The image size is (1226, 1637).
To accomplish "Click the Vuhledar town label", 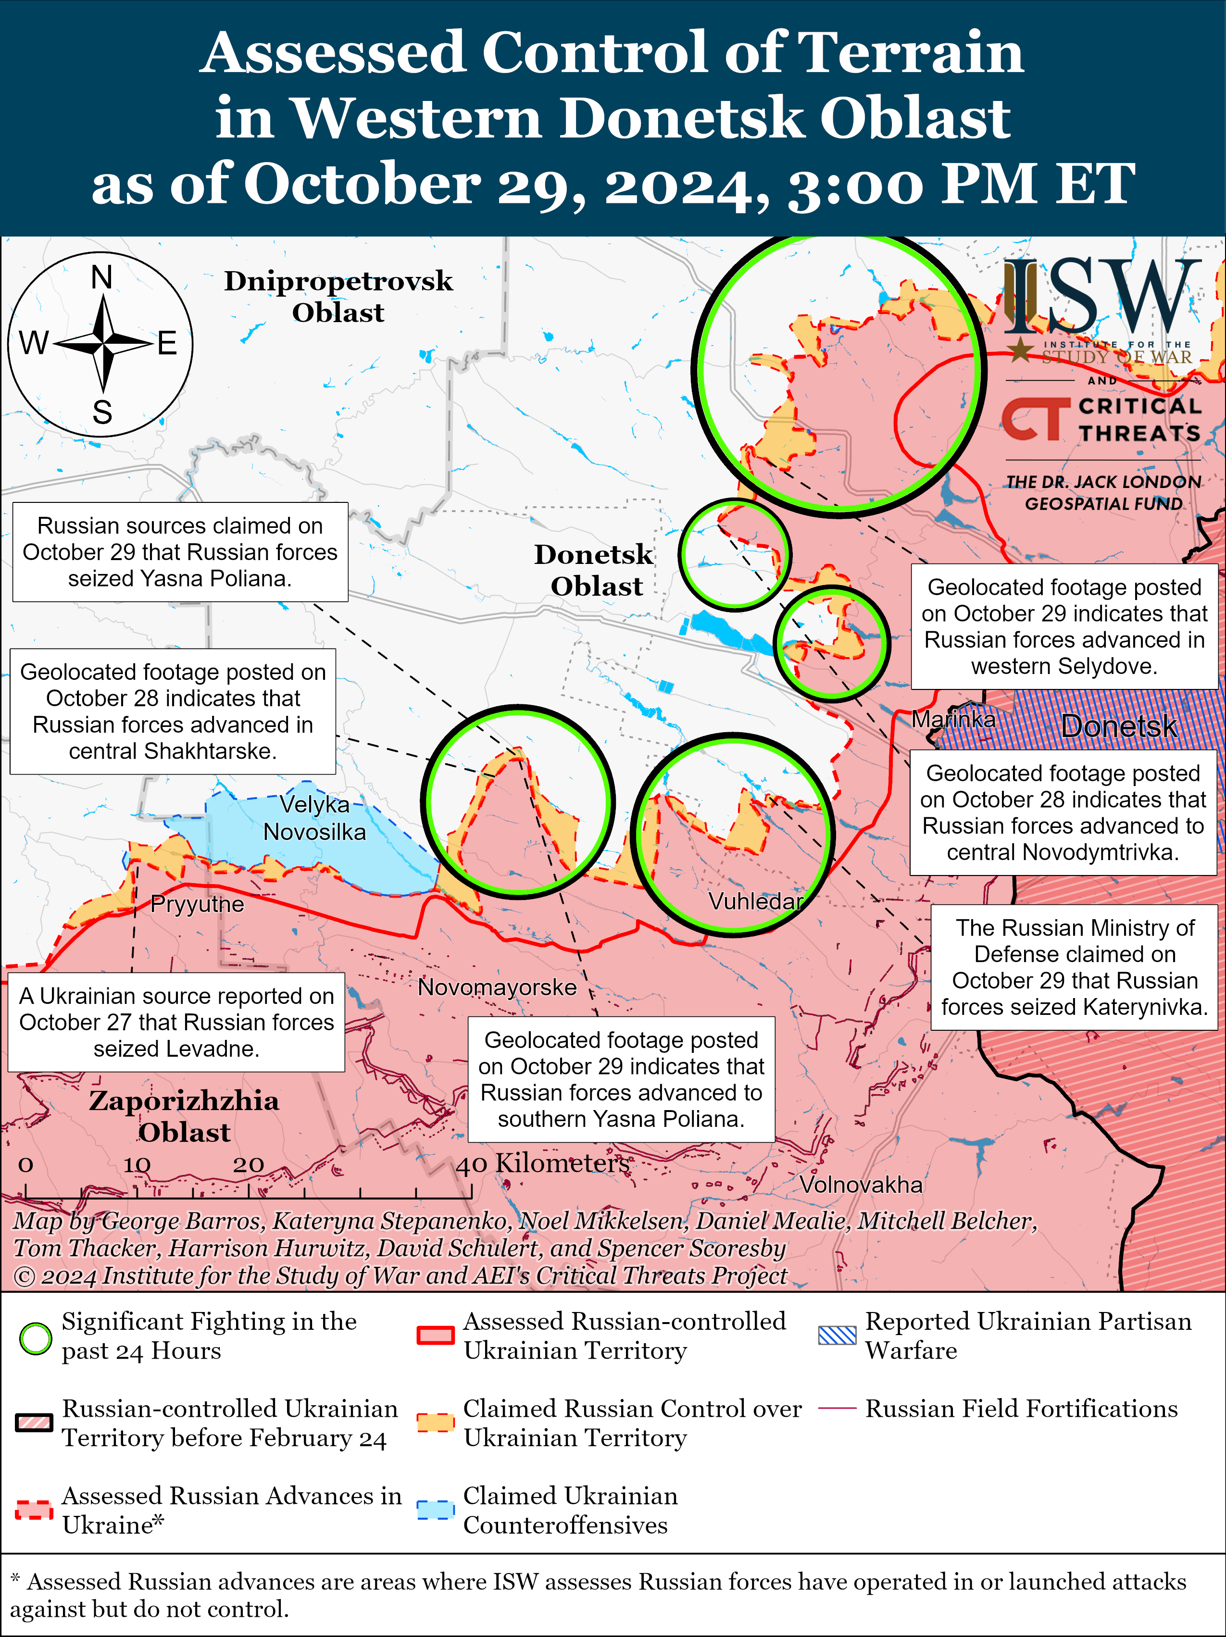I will tap(755, 901).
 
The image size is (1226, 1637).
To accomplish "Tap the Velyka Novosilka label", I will tap(314, 818).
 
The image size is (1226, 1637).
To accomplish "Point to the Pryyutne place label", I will tap(197, 904).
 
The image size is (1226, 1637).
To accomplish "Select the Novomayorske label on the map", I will tap(497, 987).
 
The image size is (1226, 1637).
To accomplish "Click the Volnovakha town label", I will tap(861, 1185).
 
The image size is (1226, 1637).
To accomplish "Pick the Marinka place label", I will tap(953, 719).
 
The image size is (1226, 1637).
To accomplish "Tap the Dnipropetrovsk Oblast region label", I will tap(338, 296).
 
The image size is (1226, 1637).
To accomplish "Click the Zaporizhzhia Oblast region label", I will tap(184, 1116).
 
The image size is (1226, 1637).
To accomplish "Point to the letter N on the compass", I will tap(102, 277).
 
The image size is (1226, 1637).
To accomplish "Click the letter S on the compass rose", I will tap(102, 412).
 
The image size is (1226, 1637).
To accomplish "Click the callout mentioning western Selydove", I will tap(1064, 626).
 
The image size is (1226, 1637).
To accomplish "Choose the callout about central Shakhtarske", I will tap(173, 711).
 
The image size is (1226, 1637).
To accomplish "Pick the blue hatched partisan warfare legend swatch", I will tap(837, 1335).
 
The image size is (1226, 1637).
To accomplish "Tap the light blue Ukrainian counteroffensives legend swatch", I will tap(435, 1510).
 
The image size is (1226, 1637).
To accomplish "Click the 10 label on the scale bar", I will tap(137, 1165).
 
